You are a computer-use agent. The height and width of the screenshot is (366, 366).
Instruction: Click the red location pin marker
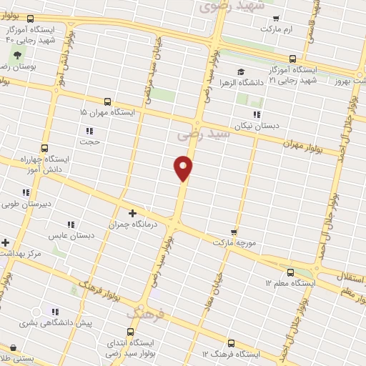pos(184,167)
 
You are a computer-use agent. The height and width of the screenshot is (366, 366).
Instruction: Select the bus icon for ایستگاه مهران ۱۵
pos(107,102)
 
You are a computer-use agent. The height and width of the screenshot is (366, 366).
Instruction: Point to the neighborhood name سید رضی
pos(204,134)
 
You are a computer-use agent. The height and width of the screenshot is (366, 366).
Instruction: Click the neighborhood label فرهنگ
pos(147,314)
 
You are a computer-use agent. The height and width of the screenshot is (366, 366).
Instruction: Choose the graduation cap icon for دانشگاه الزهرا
pos(241,71)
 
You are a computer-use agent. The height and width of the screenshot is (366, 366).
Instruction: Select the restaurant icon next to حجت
pos(89,131)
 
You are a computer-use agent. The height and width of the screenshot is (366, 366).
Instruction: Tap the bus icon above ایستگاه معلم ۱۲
pos(290,272)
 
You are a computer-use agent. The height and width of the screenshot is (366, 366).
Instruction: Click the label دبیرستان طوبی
pos(28,204)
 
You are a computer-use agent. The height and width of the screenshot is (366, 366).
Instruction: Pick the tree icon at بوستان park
pos(17,55)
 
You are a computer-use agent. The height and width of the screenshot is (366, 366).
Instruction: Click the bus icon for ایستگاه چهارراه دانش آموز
pos(45,148)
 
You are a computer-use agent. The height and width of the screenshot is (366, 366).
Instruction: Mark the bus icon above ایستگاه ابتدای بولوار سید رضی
pos(130,332)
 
